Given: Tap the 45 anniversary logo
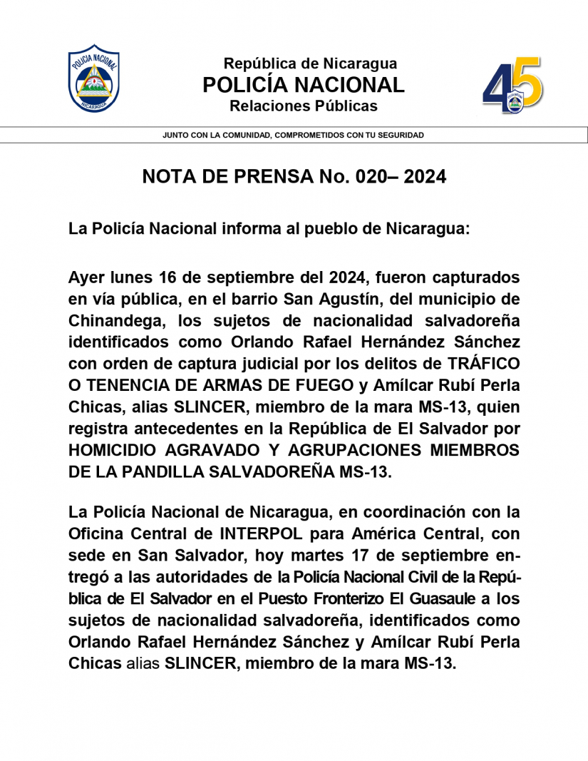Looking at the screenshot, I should (512, 86).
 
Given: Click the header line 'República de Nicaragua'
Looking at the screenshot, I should (311, 63).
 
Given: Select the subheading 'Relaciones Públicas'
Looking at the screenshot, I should (304, 106).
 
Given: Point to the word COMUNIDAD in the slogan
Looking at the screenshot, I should (242, 135).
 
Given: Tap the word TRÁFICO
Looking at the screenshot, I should (481, 362).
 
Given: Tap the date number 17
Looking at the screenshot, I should (363, 555).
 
